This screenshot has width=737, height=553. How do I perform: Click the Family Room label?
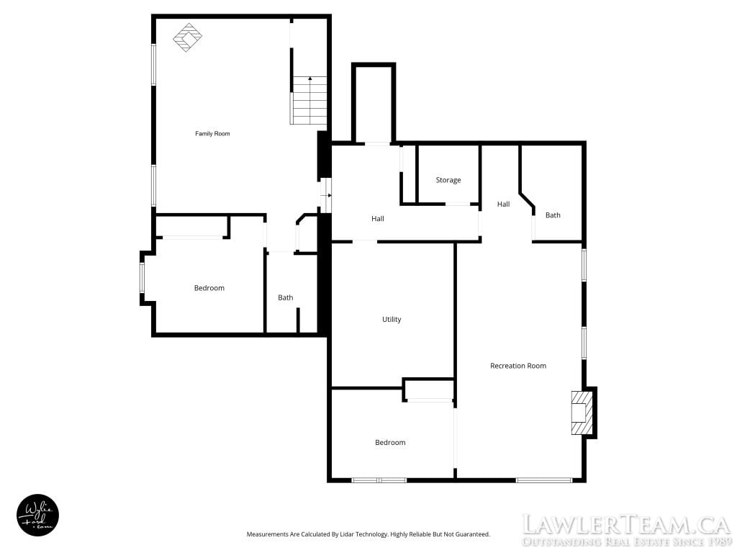point(212,133)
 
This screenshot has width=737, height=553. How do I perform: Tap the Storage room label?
point(448,179)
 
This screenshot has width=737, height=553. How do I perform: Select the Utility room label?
point(392,319)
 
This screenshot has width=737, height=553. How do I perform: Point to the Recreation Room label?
point(518,365)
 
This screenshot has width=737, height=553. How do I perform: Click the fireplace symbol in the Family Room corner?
point(188,37)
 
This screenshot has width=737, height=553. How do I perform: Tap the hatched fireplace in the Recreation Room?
point(582,413)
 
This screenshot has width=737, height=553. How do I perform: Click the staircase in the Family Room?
point(309,100)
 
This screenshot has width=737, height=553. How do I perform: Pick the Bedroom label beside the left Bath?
point(209,288)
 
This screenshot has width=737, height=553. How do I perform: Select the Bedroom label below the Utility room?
point(390,443)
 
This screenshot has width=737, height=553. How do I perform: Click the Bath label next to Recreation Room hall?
point(553,215)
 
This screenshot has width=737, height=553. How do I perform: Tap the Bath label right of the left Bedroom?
point(285,297)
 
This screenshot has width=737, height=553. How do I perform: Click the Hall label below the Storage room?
point(377,218)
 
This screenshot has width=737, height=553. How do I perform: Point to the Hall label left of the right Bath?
point(503,204)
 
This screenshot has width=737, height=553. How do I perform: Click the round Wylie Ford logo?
point(37,515)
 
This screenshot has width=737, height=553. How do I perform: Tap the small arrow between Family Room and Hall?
point(326,195)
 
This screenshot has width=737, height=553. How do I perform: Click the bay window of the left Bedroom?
point(143,278)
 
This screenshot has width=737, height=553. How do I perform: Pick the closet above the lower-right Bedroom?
point(429,390)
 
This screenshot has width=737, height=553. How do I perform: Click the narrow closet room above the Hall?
point(374,103)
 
